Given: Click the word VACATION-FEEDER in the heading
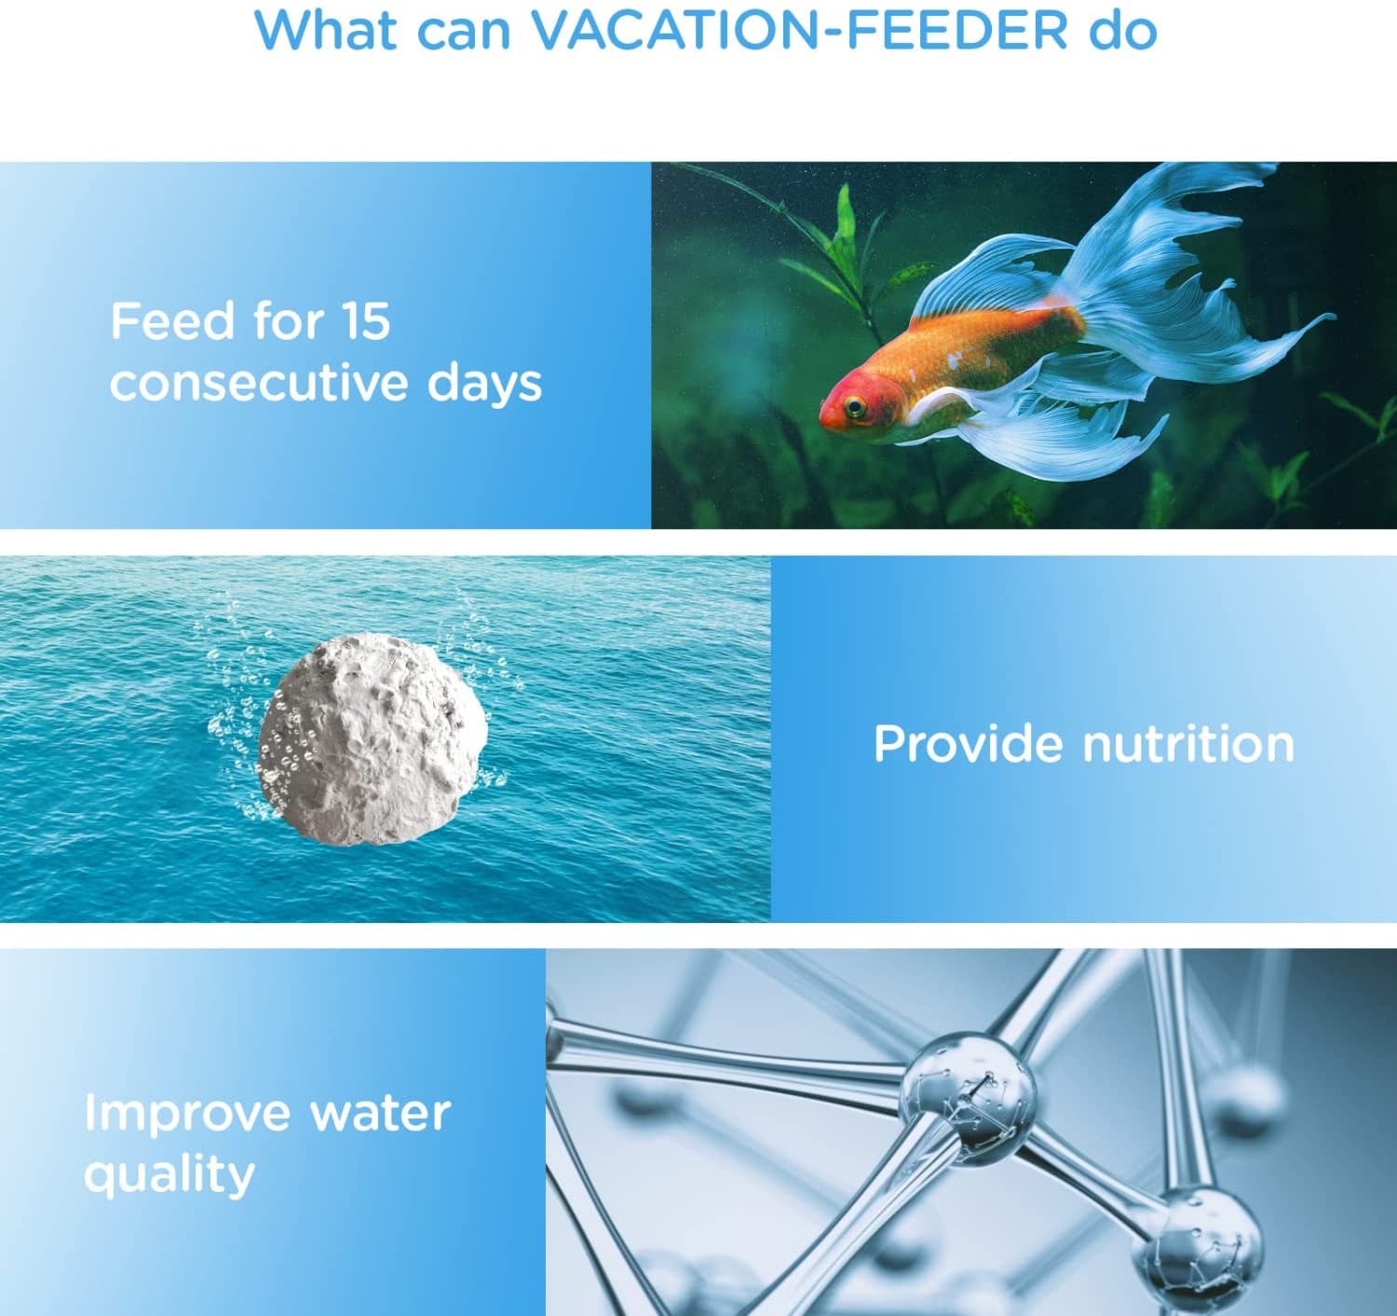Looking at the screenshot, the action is point(798,30).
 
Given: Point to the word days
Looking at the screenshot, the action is point(484,385).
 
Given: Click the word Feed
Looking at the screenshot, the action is point(172,321).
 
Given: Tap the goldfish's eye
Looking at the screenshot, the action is point(855,405).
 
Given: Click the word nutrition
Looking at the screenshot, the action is point(1188,744).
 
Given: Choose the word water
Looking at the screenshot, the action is point(381,1113).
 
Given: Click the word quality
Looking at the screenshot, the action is point(169,1175).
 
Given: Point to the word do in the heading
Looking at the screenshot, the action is point(1122,30).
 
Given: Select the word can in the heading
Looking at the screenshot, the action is point(464,34).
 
